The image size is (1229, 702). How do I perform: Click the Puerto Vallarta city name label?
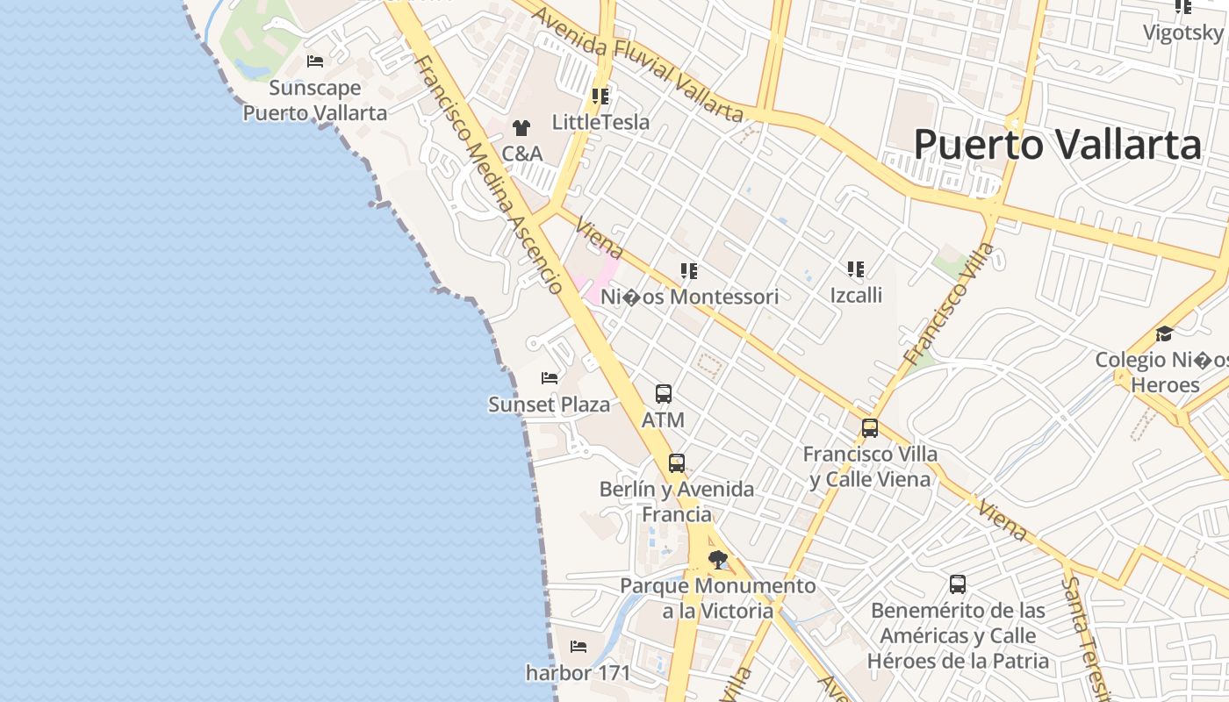(1057, 145)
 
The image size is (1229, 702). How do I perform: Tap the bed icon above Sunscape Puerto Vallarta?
(315, 61)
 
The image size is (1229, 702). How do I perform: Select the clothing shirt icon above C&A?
(521, 128)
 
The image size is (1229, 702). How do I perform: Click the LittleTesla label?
(601, 122)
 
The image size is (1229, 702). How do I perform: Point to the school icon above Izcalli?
(856, 269)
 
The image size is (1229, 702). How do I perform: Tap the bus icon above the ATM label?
(664, 394)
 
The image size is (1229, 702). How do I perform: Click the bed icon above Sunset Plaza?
(550, 378)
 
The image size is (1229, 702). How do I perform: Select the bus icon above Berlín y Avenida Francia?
(676, 462)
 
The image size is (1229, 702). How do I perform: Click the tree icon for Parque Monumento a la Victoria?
(718, 559)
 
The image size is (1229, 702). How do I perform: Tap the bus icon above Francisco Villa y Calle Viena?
(870, 428)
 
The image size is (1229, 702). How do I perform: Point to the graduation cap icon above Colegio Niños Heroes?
(1164, 333)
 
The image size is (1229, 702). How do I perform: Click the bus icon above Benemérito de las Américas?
(958, 584)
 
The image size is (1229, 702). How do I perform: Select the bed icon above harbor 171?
(579, 647)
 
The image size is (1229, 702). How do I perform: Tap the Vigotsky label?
(1182, 33)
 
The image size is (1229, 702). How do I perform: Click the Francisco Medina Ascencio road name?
(489, 173)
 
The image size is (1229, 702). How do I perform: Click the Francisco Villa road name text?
(951, 304)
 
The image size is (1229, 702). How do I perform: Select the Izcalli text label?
(856, 295)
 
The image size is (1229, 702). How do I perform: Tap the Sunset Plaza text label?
(549, 405)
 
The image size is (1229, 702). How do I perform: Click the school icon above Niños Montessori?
(689, 271)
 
